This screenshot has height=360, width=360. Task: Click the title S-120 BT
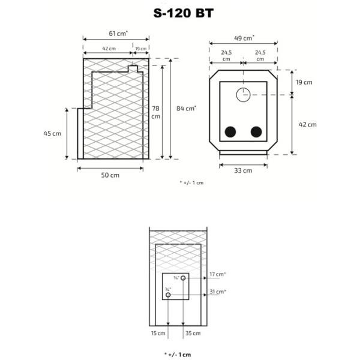pyautogui.click(x=179, y=14)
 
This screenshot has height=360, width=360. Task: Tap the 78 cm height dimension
pyautogui.click(x=155, y=112)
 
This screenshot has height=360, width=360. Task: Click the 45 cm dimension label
pyautogui.click(x=53, y=134)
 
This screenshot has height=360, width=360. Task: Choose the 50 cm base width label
pyautogui.click(x=110, y=176)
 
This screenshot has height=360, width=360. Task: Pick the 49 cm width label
pyautogui.click(x=244, y=38)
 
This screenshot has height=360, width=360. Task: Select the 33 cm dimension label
pyautogui.click(x=243, y=170)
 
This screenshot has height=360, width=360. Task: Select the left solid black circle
pyautogui.click(x=230, y=132)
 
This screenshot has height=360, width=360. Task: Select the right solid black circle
pyautogui.click(x=257, y=132)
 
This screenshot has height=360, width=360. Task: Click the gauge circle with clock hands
pyautogui.click(x=244, y=95)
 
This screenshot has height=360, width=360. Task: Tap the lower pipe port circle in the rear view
pyautogui.click(x=169, y=295)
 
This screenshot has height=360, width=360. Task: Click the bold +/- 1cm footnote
pyautogui.click(x=178, y=355)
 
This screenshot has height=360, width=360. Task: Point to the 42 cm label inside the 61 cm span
pyautogui.click(x=108, y=49)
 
